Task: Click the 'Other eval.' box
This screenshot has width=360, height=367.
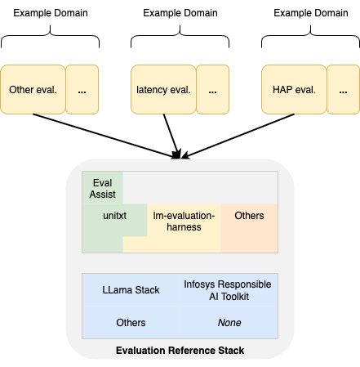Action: coord(33,89)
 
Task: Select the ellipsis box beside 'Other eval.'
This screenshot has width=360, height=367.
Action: coord(82,89)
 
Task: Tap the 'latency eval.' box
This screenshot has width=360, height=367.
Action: coord(163,89)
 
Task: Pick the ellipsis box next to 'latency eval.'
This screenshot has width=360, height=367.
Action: coord(212,89)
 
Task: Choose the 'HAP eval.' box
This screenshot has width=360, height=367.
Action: coord(294,89)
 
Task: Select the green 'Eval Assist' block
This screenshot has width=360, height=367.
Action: coord(102,187)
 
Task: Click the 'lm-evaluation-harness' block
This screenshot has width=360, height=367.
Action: coord(184,222)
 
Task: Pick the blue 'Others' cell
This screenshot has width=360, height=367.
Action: coord(131,323)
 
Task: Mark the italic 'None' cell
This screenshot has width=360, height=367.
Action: coord(229,323)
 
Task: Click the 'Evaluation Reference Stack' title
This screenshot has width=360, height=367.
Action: coord(180,351)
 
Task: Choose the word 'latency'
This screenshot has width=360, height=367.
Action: coord(152,89)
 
